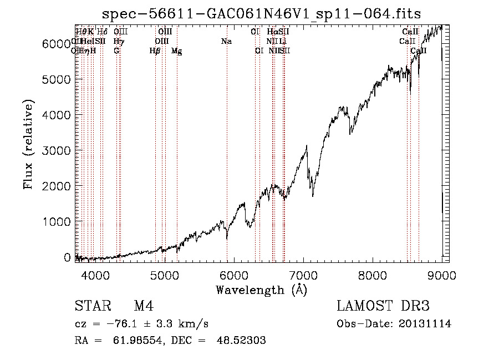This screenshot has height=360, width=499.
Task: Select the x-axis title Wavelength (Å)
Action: point(261,290)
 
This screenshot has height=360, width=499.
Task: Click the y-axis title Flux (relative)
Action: point(29,144)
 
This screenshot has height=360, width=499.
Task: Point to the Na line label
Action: point(226,41)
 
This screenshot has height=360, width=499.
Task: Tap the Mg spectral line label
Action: point(177,51)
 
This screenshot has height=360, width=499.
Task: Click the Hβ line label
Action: point(155,51)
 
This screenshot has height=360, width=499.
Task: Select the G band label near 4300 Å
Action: point(116,51)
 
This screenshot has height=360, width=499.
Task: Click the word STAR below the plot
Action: point(91,307)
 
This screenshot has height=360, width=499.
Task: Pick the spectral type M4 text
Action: point(144,307)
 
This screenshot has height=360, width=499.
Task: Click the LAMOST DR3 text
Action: point(383,307)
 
